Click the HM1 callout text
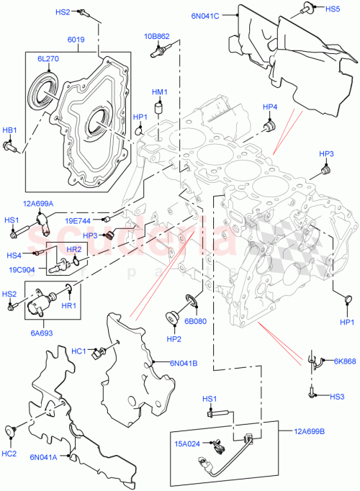click(x=158, y=92)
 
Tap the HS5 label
click(x=333, y=9)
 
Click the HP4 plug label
click(x=270, y=107)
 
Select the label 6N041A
click(x=43, y=456)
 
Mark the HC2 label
click(x=9, y=453)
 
